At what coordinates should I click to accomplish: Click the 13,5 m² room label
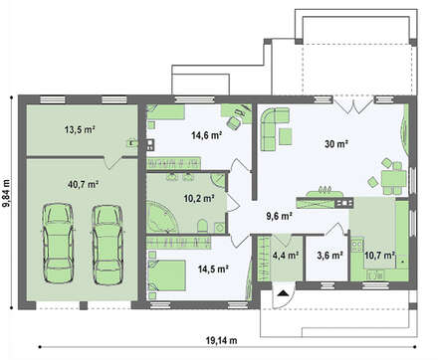coord(80,129)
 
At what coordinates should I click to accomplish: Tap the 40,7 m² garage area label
coord(83,185)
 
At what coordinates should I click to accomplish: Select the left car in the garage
coord(58,244)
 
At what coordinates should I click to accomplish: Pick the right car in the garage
coord(108,245)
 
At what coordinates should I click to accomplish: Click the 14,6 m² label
coord(207,135)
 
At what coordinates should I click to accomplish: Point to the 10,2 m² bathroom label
coord(199,199)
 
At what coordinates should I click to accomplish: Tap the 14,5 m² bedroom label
coord(213,269)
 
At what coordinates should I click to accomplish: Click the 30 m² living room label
coord(336,144)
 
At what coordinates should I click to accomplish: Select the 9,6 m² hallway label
coord(280,216)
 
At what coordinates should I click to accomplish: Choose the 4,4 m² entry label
coord(286,256)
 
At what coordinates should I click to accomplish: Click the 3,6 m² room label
coord(329,256)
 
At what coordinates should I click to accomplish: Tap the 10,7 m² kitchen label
coord(379,256)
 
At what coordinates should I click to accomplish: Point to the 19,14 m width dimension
coord(222,340)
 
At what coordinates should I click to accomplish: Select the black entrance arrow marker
coord(283,293)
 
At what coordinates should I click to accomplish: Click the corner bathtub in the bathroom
coord(161,218)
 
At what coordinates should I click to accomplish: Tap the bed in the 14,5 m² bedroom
coord(166,275)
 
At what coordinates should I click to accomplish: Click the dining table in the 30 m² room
coord(393,179)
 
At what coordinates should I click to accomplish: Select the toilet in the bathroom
coord(202,226)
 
